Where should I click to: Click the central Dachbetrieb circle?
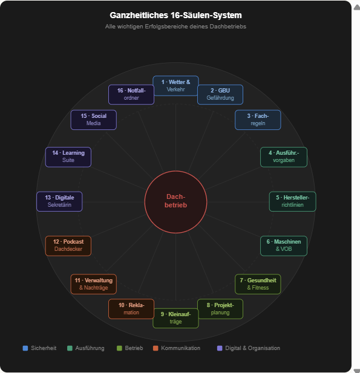[175, 202]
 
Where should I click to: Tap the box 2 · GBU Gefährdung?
[220, 94]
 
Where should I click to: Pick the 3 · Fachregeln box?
[258, 120]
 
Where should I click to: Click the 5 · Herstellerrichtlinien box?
[293, 201]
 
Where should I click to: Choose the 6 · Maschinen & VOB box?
[284, 245]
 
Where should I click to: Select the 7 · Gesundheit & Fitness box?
[258, 284]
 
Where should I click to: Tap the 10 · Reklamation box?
[131, 309]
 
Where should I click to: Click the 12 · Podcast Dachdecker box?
[68, 245]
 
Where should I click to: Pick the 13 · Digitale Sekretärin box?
[59, 201]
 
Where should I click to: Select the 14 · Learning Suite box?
[68, 157]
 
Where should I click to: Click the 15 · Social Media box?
[94, 120]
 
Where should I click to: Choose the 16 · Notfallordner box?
[131, 94]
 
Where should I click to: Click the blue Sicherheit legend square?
[25, 348]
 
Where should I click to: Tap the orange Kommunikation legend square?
[155, 348]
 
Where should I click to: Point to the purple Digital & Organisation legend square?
[220, 348]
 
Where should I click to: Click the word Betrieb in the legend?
[134, 348]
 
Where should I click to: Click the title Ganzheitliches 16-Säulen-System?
[175, 15]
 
